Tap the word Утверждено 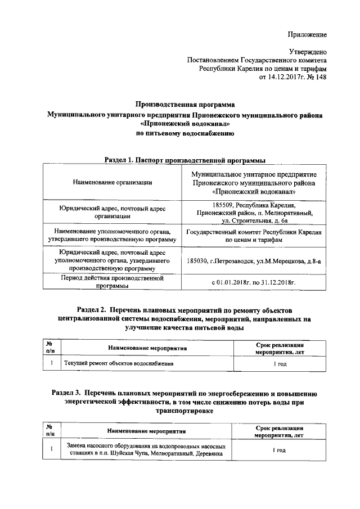(308, 51)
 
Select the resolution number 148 (321, 76)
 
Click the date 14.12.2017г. (276, 76)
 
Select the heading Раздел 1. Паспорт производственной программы (185, 160)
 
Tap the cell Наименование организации (112, 182)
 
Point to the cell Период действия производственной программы (112, 281)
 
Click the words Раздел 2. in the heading (92, 310)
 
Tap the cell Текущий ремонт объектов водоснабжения (118, 363)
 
